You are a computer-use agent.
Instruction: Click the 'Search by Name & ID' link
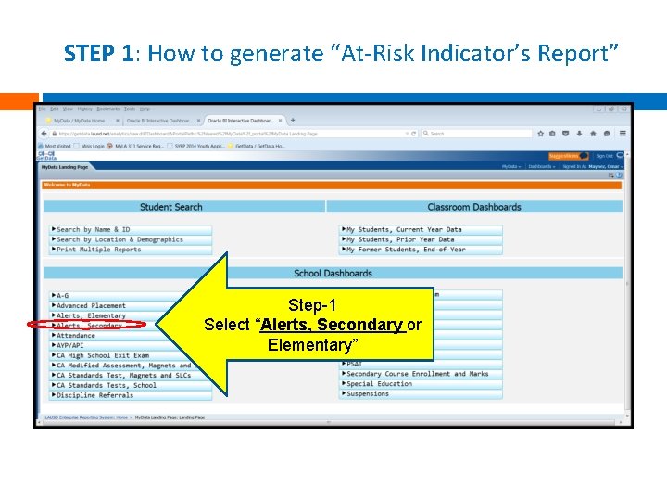94,230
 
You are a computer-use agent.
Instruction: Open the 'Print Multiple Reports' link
99,250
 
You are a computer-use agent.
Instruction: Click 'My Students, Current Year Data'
404,230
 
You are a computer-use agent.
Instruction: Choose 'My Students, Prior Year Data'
400,239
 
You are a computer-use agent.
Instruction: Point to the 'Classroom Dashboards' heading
473,207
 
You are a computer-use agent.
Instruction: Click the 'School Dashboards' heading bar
333,273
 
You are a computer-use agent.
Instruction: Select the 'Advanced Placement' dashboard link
91,306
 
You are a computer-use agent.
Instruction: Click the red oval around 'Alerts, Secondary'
87,326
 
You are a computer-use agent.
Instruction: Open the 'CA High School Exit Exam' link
102,355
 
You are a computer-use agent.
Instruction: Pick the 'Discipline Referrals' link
94,395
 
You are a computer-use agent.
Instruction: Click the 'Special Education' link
379,384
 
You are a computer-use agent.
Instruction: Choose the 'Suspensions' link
368,394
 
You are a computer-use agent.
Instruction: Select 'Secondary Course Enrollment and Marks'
417,374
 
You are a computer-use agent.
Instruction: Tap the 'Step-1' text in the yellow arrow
312,305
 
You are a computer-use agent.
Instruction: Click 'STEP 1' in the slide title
101,53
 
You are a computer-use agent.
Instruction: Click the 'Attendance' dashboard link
76,336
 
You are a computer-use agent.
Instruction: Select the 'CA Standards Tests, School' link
107,385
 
